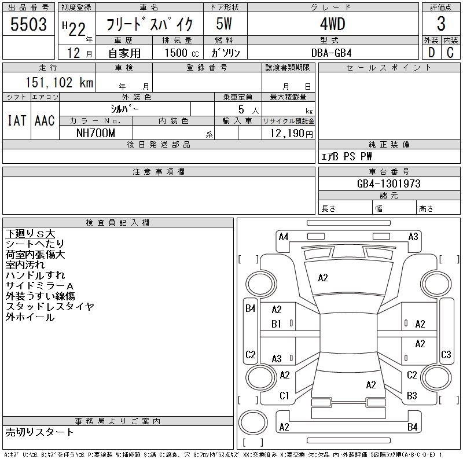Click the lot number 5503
[x=28, y=24]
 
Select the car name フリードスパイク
[x=149, y=24]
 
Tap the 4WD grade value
[x=332, y=24]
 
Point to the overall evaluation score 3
[x=441, y=24]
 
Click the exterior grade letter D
[x=431, y=53]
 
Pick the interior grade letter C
[x=450, y=53]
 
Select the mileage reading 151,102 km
[x=60, y=82]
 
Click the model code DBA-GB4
[x=331, y=53]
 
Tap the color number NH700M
[x=95, y=133]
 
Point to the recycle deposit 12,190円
[x=291, y=134]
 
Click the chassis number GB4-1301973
[x=388, y=183]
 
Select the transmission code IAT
[x=17, y=120]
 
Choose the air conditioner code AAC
[x=45, y=120]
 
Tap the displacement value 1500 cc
[x=182, y=53]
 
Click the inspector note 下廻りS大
[x=30, y=234]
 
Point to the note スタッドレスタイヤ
[x=50, y=307]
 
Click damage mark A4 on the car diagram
[x=284, y=237]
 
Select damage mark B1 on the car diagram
[x=276, y=324]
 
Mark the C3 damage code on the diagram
[x=446, y=354]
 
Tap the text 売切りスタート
[x=39, y=432]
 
